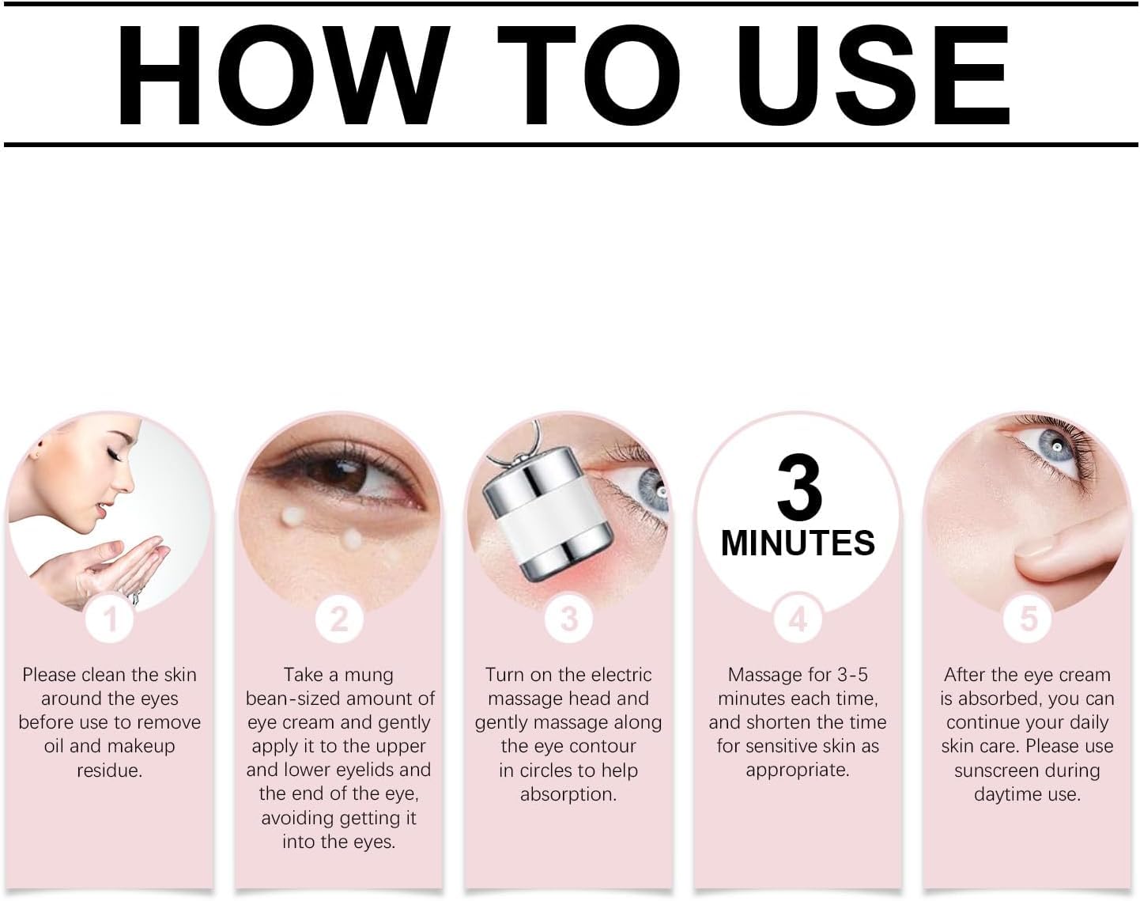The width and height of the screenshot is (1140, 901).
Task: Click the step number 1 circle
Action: coord(110,619)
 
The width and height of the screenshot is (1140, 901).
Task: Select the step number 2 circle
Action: coord(338,619)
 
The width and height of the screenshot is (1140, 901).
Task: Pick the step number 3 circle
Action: coord(568,619)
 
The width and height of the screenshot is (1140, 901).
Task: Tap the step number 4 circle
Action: coord(798,619)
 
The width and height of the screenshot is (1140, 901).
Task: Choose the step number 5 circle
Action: coord(1027,619)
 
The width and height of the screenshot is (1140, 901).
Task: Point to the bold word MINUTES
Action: coord(798,543)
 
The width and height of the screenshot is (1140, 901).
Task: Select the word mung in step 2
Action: coord(369,675)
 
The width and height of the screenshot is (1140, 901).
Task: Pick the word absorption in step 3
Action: coord(568,794)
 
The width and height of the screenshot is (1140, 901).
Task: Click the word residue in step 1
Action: coord(110,770)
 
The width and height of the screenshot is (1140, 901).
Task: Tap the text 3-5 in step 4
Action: coord(852,675)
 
